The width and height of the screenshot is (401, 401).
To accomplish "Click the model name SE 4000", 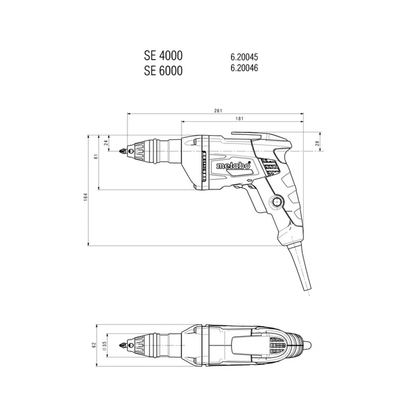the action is [163, 56].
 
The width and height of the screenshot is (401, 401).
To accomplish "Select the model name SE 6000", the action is [163, 70].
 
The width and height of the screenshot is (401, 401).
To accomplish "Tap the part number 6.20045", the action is [244, 57].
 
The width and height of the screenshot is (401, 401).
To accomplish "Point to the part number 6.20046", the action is [244, 68].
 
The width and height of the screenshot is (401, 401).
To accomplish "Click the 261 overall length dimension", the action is [218, 110].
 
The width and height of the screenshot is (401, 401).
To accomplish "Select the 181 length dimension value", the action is [240, 118].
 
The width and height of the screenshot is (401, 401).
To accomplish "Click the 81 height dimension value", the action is [96, 157].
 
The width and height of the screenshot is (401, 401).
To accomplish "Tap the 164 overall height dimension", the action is [86, 197].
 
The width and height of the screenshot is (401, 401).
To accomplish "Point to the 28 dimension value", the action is [318, 143].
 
